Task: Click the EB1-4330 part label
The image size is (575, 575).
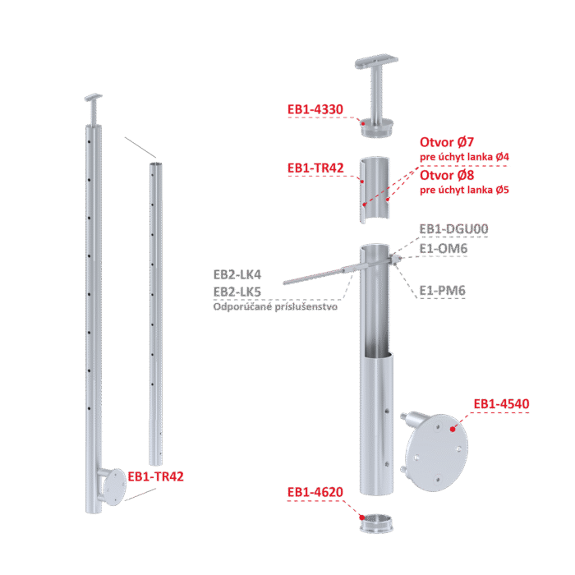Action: [315, 109]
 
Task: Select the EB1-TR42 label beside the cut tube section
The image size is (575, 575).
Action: [315, 168]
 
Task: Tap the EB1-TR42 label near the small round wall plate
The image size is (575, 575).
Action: [155, 476]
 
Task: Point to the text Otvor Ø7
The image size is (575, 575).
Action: [447, 142]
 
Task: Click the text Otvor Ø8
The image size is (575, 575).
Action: [447, 175]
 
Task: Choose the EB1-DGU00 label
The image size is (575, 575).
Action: [453, 229]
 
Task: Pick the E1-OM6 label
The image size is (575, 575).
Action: [444, 249]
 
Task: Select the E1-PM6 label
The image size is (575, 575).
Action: [442, 291]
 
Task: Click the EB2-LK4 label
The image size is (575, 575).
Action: [237, 274]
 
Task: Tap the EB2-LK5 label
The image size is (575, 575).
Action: [237, 292]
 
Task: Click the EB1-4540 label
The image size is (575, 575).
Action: [501, 404]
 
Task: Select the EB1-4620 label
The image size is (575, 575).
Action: [315, 492]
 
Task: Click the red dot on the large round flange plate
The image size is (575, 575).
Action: [453, 429]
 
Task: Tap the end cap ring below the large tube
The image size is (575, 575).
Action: [376, 523]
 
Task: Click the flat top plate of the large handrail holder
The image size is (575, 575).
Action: [376, 62]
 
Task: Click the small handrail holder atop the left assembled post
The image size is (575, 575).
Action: [94, 109]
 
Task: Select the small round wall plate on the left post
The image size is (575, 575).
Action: [114, 487]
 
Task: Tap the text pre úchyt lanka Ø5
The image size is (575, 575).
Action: [464, 190]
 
